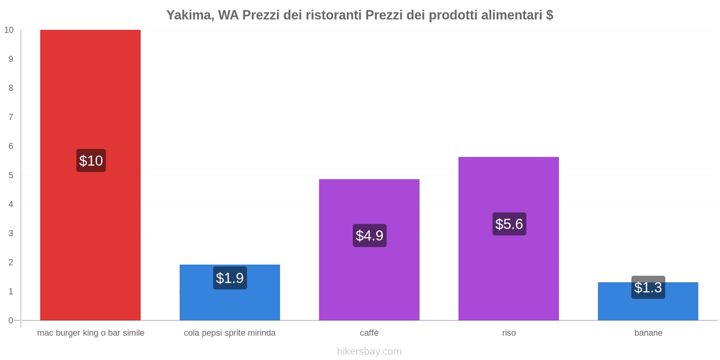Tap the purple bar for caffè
369,279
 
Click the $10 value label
91,161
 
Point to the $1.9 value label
230,278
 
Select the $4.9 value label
369,235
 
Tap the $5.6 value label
509,224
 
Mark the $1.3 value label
648,288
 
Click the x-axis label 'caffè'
369,333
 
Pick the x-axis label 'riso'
509,333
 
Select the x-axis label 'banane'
648,333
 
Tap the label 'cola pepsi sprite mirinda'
229,333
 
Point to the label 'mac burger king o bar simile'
91,333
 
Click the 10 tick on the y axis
9,30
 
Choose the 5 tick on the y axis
11,175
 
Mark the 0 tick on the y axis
11,320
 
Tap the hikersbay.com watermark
369,351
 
